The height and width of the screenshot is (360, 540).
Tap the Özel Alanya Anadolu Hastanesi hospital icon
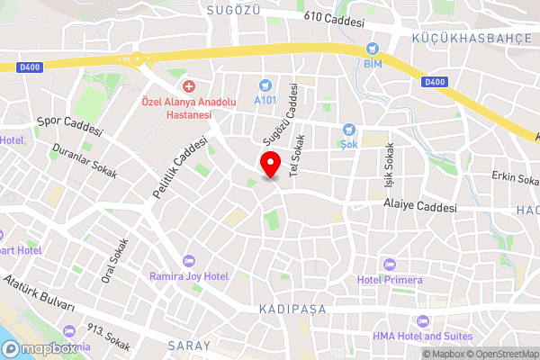(x=189, y=86)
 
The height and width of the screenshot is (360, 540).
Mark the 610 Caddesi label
(x=334, y=20)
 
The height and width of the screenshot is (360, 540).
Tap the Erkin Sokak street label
(x=514, y=176)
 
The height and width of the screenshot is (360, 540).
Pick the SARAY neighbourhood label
(x=189, y=345)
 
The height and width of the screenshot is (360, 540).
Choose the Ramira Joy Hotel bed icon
(x=188, y=260)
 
